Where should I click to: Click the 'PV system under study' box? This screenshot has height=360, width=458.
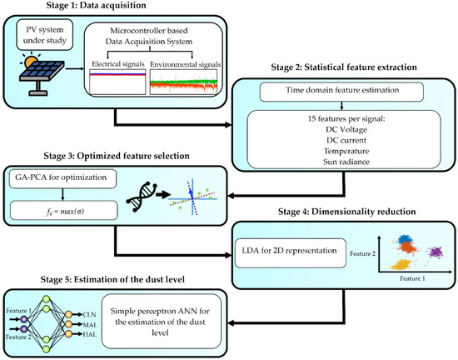click(x=49, y=37)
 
